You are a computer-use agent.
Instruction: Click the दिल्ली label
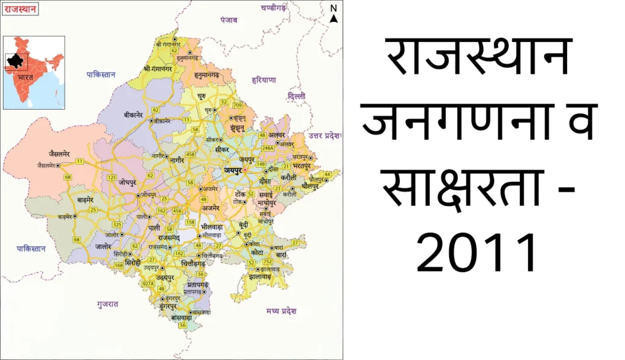297,96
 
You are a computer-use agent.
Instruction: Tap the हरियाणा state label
264,80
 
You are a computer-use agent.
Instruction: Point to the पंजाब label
229,20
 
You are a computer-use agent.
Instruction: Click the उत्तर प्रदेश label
323,135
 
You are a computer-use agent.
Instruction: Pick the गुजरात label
107,303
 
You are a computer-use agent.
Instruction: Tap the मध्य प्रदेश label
281,311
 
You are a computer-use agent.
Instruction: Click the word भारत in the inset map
26,78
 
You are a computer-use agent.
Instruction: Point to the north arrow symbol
333,14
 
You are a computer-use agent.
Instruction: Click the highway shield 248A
267,148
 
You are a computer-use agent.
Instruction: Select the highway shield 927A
148,284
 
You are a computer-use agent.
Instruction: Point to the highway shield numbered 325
117,225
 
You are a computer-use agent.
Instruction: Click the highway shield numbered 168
118,265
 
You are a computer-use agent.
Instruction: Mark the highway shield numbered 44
327,175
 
